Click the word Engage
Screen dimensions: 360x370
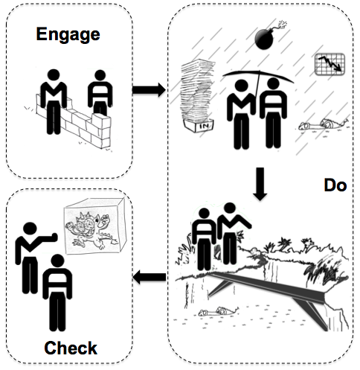pos(68,35)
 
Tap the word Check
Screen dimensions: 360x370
pos(71,348)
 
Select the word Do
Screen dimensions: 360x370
pos(335,185)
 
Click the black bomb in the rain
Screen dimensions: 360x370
pos(264,39)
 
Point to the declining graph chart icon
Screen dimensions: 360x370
pos(330,64)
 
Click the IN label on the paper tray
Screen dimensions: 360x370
pos(205,127)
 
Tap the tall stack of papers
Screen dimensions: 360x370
pos(197,91)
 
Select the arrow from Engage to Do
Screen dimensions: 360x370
pos(149,89)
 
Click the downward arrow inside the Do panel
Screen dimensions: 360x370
pos(260,184)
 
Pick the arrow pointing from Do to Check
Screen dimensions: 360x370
pos(150,277)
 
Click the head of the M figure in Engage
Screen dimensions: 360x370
pos(54,76)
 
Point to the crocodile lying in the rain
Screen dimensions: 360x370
pos(324,124)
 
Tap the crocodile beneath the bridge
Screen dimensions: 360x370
pos(219,311)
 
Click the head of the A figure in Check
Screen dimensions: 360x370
pos(57,263)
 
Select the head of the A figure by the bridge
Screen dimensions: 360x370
pos(204,214)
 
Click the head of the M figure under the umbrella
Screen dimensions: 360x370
pos(242,86)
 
